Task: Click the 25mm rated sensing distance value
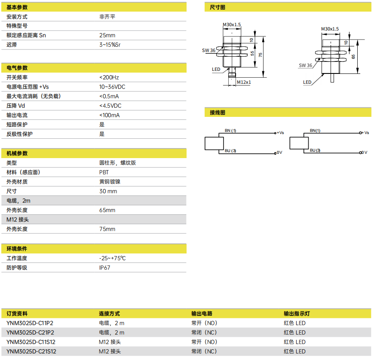pos(107,35)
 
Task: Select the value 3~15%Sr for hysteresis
pos(110,45)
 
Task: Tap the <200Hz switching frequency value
pos(109,77)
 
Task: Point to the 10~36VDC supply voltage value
pos(112,87)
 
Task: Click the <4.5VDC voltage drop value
pos(110,106)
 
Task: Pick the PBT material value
pos(104,172)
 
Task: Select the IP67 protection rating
pos(105,268)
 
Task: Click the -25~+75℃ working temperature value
pos(113,258)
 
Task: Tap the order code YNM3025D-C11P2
pos(30,323)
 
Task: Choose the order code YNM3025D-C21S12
pos(31,351)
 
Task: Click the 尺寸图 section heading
pos(218,7)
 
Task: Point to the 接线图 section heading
pos(218,113)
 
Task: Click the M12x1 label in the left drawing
pos(244,82)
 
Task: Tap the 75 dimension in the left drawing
pos(261,55)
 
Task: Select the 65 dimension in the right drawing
pos(353,57)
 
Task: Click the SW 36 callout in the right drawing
pos(306,65)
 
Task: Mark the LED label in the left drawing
pos(216,69)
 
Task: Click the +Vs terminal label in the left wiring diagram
pos(280,133)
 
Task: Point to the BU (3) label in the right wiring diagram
pos(315,150)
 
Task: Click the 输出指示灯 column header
pos(297,314)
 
